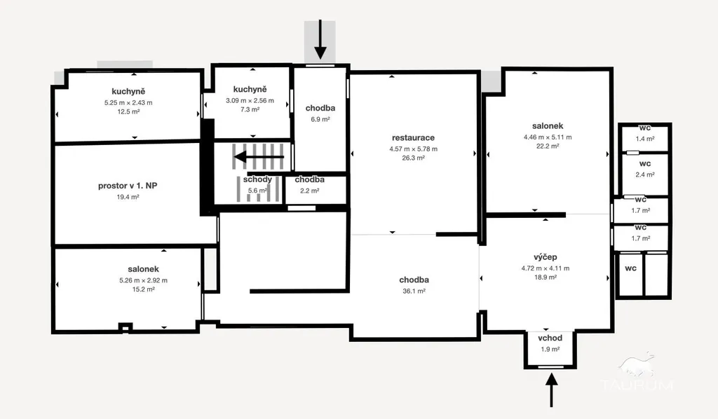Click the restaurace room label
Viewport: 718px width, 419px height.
coord(413,138)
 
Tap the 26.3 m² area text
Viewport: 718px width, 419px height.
coord(414,158)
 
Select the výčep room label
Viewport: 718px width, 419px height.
coord(546,257)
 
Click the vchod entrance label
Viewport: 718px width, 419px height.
coord(550,338)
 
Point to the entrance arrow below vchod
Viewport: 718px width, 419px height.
coord(551,390)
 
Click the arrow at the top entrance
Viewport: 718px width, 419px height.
coord(320,39)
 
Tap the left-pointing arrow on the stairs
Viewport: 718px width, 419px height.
coord(259,157)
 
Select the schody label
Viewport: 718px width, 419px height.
coord(257,179)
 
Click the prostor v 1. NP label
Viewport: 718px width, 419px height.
coord(128,186)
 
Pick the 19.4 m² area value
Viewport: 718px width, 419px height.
coord(128,197)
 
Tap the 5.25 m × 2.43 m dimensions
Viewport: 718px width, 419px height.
coord(128,103)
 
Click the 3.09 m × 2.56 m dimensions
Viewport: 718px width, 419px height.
coord(250,101)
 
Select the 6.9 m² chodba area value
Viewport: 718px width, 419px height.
coord(320,119)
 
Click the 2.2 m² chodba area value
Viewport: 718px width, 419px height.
coord(309,191)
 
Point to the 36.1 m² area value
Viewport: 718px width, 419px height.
coord(414,291)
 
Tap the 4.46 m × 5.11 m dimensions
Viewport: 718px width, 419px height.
coord(548,137)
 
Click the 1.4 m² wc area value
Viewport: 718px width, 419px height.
coord(645,139)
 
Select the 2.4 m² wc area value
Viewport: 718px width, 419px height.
coord(645,174)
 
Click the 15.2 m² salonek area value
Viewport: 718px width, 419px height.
coord(143,289)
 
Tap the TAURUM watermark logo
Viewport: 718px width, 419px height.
coord(637,371)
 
